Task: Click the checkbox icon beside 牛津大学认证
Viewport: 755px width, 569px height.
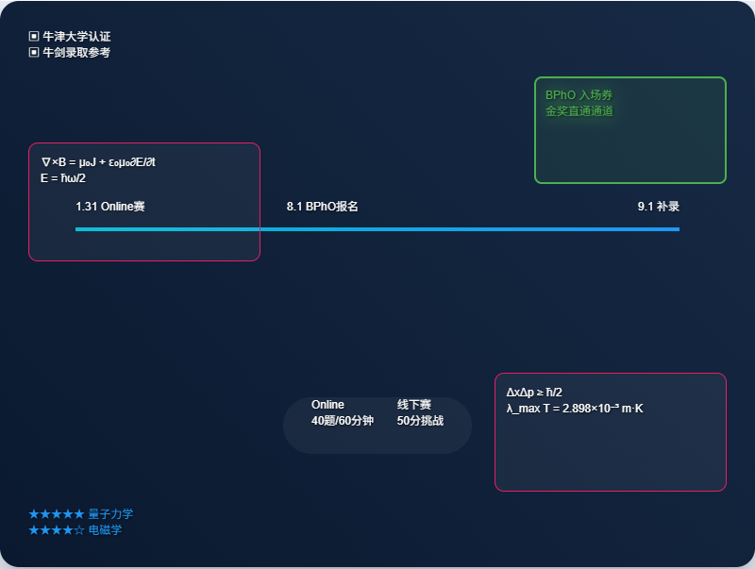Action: tap(34, 36)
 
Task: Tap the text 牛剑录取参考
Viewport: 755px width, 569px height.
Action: tap(76, 52)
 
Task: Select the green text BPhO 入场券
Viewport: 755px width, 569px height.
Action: tap(579, 94)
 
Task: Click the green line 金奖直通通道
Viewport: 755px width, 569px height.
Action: tap(579, 111)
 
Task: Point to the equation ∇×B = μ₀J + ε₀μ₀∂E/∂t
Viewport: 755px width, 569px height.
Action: tap(98, 162)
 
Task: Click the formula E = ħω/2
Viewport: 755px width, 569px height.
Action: tap(63, 178)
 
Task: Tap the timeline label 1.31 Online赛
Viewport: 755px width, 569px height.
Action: tap(110, 207)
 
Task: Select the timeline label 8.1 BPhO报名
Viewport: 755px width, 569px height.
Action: tap(322, 207)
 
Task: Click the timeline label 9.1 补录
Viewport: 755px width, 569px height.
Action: tap(658, 207)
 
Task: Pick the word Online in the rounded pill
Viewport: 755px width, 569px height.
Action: tap(327, 405)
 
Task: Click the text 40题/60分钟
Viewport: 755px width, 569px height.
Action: tap(343, 421)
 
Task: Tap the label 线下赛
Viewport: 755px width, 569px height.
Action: tap(414, 405)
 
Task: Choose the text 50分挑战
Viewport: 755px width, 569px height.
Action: tap(420, 421)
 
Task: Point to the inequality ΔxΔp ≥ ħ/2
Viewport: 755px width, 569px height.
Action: tap(534, 393)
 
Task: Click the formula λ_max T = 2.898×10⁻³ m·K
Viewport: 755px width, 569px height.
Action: tap(575, 409)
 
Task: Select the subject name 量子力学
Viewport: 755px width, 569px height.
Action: tap(110, 514)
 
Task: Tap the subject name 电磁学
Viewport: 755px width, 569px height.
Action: tap(105, 530)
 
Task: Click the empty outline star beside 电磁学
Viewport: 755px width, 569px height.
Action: tap(79, 530)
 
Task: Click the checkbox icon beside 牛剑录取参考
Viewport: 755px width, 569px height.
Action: tap(34, 52)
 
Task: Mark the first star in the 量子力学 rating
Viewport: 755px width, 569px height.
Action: tap(34, 514)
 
